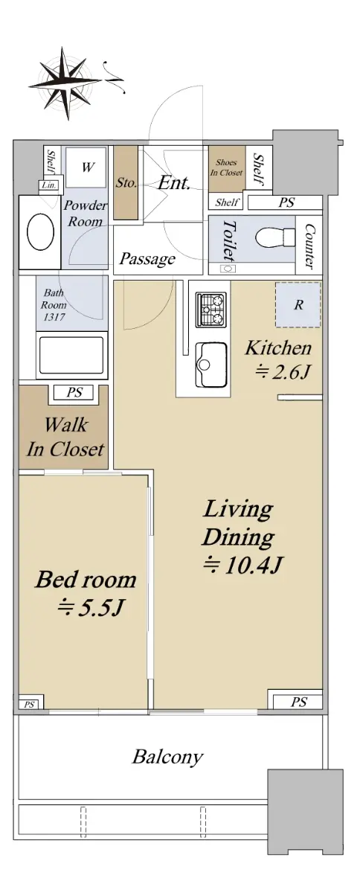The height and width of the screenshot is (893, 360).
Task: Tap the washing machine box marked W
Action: coord(86,167)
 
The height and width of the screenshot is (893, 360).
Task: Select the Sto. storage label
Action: coord(126,183)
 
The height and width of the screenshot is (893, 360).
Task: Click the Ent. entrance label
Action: coord(173,183)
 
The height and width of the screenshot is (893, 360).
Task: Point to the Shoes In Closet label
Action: coord(226,167)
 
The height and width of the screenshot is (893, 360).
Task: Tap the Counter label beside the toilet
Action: coord(309,246)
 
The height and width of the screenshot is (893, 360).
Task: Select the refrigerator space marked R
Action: coord(298,305)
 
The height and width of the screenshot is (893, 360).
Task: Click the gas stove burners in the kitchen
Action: coord(211,310)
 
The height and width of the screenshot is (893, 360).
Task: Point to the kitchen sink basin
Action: coord(211,365)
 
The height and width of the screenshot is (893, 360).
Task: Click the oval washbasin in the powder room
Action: coord(40,232)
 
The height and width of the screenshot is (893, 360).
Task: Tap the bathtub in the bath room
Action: coord(71,355)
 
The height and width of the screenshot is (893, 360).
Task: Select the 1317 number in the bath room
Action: coord(54,317)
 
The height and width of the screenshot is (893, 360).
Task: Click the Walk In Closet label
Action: coord(65,437)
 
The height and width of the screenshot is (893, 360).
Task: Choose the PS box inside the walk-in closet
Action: coord(74,393)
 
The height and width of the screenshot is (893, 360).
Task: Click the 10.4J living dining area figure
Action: coord(242,565)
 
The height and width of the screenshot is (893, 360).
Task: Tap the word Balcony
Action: coord(167,757)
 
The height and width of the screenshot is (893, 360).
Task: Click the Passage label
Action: coord(147,259)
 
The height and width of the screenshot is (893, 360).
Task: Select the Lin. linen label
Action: coord(49,185)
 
